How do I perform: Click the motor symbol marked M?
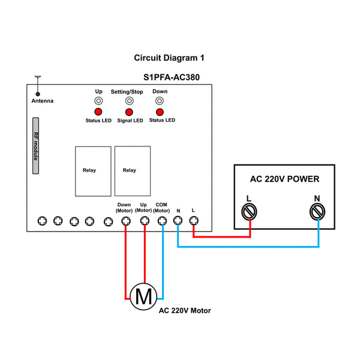click(143, 296)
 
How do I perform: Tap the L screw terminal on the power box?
click(249, 212)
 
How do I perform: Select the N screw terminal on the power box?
click(317, 212)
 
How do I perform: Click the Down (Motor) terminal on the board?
click(126, 221)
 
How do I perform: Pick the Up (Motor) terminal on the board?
click(145, 221)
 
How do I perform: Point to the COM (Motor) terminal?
click(162, 221)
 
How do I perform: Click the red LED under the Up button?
click(98, 112)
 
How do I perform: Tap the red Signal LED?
click(129, 112)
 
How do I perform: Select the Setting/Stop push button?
click(130, 101)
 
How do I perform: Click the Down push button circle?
click(160, 101)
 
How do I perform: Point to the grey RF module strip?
click(35, 146)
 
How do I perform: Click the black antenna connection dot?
click(38, 94)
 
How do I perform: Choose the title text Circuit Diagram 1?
click(169, 58)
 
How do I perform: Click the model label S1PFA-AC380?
click(172, 77)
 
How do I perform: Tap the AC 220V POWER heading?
click(284, 179)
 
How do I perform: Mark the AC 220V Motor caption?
click(185, 311)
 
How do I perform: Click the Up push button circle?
click(98, 101)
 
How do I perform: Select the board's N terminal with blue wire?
click(178, 220)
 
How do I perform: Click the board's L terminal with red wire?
click(194, 221)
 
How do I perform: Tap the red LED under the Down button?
click(160, 112)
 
